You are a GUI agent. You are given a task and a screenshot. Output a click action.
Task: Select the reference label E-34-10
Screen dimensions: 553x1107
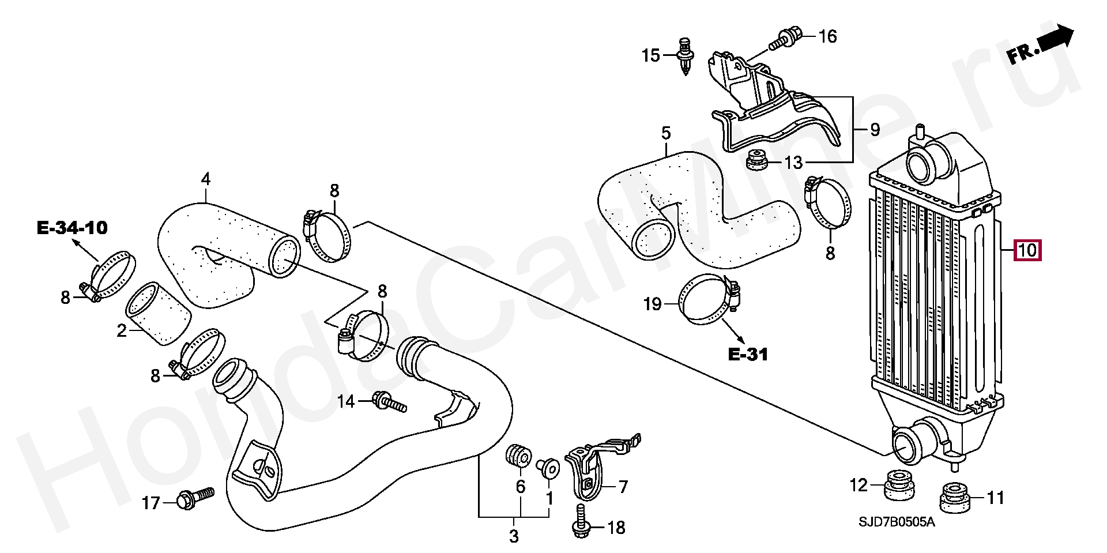[72, 228]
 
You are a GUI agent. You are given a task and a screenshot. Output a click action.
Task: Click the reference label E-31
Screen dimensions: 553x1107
[748, 354]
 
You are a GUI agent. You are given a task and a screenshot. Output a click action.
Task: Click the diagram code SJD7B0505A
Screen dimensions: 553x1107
[896, 522]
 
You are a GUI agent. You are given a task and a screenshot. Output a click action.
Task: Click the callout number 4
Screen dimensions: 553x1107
[205, 179]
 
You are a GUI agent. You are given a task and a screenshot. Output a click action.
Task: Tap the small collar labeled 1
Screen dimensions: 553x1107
[548, 468]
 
